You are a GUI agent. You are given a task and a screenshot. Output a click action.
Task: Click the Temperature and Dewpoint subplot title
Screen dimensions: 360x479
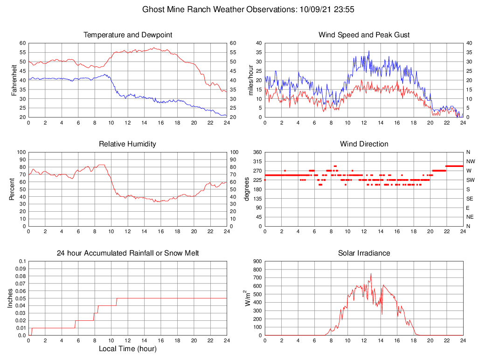128,35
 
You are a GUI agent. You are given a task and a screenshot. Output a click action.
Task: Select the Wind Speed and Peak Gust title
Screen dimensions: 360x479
364,35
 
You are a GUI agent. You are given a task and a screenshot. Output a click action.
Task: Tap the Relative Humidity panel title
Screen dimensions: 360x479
128,144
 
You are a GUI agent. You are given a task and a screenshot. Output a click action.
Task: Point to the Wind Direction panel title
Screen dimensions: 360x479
364,144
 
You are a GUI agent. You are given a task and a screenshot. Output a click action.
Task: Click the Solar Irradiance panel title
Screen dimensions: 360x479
364,253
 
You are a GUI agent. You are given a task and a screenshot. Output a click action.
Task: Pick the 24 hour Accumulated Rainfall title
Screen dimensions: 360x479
128,253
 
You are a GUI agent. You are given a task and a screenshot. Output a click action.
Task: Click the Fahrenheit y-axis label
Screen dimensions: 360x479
14,80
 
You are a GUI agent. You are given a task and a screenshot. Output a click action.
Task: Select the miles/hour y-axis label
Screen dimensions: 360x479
250,80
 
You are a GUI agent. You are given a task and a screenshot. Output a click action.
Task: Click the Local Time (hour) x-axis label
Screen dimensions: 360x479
128,348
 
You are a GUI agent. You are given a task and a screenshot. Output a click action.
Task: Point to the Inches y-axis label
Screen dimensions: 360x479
11,298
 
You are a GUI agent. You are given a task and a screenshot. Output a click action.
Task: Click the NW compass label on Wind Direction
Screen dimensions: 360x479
470,161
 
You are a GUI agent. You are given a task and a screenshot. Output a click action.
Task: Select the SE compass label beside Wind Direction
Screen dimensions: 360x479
470,199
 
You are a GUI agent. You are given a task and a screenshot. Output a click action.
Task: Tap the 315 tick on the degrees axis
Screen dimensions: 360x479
256,161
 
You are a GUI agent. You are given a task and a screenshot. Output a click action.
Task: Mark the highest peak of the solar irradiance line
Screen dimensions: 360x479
371,274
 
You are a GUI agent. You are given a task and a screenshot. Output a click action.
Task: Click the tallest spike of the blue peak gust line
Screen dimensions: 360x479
369,51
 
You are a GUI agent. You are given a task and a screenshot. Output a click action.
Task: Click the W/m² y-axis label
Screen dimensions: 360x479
248,298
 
